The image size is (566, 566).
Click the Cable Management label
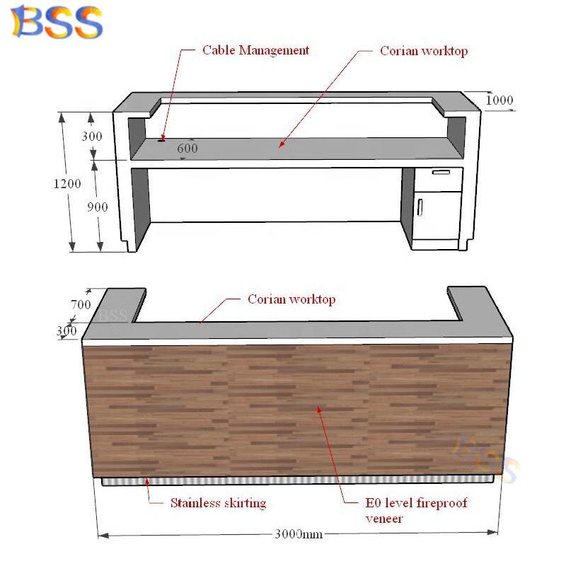click(x=255, y=50)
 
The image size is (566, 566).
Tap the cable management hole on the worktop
click(x=162, y=139)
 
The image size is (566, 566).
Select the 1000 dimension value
click(x=499, y=100)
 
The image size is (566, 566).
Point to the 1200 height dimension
click(x=67, y=183)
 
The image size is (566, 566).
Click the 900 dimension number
click(x=97, y=207)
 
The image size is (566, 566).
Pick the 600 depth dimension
click(x=187, y=149)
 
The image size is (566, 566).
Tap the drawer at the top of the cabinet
click(x=441, y=172)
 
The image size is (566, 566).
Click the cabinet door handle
click(x=420, y=207)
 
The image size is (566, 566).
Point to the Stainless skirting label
click(x=218, y=504)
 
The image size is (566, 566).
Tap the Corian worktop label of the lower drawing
click(x=291, y=299)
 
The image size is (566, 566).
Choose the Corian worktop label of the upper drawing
click(x=424, y=51)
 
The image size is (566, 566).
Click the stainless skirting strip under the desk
click(x=297, y=480)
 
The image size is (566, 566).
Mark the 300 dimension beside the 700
click(x=67, y=330)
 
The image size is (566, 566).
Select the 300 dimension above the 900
click(x=92, y=136)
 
